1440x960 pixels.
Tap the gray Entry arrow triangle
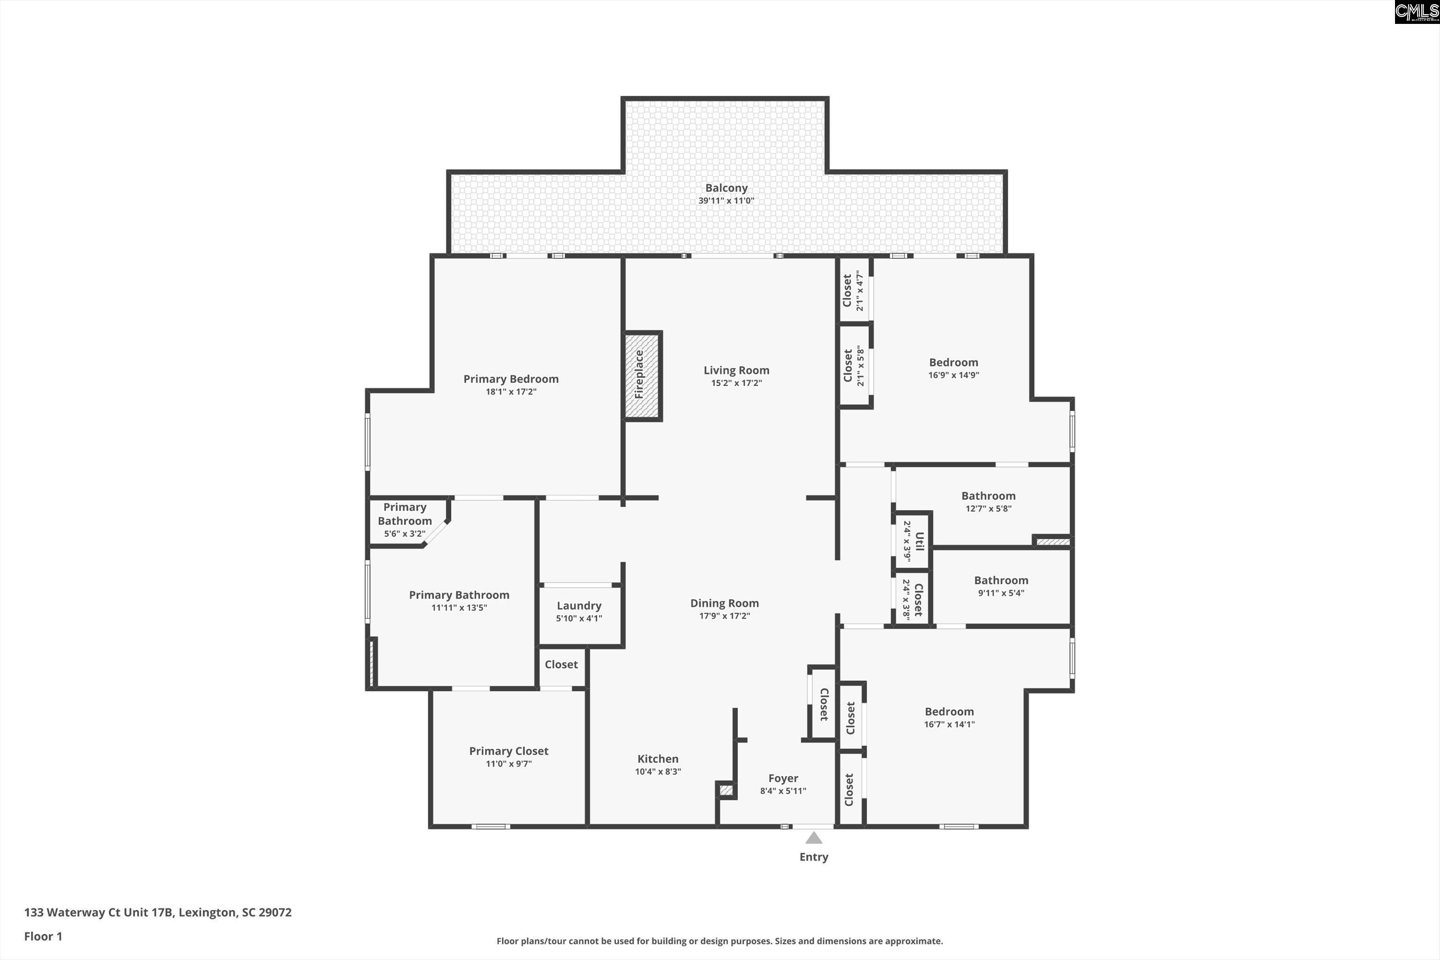click(813, 838)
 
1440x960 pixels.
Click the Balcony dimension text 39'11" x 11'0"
click(726, 201)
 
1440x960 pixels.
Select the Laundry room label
click(578, 606)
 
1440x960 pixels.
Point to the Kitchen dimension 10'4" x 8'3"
click(658, 772)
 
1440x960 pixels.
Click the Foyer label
click(783, 778)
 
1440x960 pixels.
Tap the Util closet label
click(918, 541)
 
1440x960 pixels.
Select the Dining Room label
click(724, 603)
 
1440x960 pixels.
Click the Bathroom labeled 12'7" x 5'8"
click(988, 496)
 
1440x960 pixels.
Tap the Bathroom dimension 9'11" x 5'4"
click(1000, 592)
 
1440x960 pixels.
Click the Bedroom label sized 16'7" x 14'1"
click(948, 712)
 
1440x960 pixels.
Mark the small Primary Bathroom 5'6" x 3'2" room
click(404, 520)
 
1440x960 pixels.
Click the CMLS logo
click(1416, 12)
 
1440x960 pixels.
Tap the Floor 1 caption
click(43, 936)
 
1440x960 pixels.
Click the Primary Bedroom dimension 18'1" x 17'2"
click(510, 392)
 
